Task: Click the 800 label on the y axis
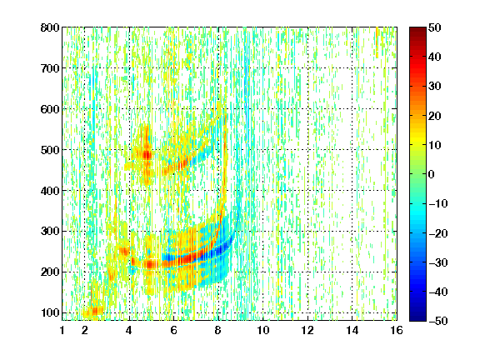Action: (x=50, y=27)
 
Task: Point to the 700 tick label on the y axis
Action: (x=50, y=68)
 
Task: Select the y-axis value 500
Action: (x=50, y=150)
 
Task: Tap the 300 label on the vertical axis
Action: (x=50, y=231)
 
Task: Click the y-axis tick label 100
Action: (x=50, y=312)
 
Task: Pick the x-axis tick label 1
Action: (x=62, y=330)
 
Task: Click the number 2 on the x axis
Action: (x=85, y=330)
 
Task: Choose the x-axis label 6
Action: (x=173, y=330)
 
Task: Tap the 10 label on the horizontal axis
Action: (x=263, y=330)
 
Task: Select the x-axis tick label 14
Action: (x=352, y=330)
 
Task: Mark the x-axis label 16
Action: (x=397, y=330)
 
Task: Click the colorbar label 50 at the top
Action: (x=435, y=27)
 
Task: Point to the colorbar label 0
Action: (x=432, y=174)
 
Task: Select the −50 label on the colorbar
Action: (x=438, y=321)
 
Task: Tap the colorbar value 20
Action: (x=435, y=116)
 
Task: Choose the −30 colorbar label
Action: (x=438, y=262)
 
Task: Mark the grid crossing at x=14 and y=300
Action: (x=352, y=231)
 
